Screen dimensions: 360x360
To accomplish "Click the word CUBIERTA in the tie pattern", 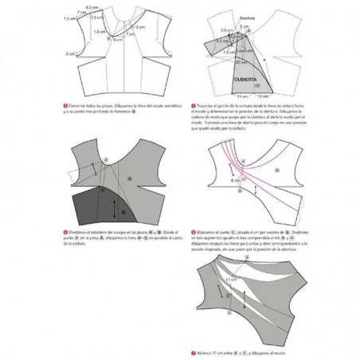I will pos(245,80).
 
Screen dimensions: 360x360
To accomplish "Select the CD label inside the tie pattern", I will pos(256,87).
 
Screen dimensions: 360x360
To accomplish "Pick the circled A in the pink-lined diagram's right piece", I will pos(276,170).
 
